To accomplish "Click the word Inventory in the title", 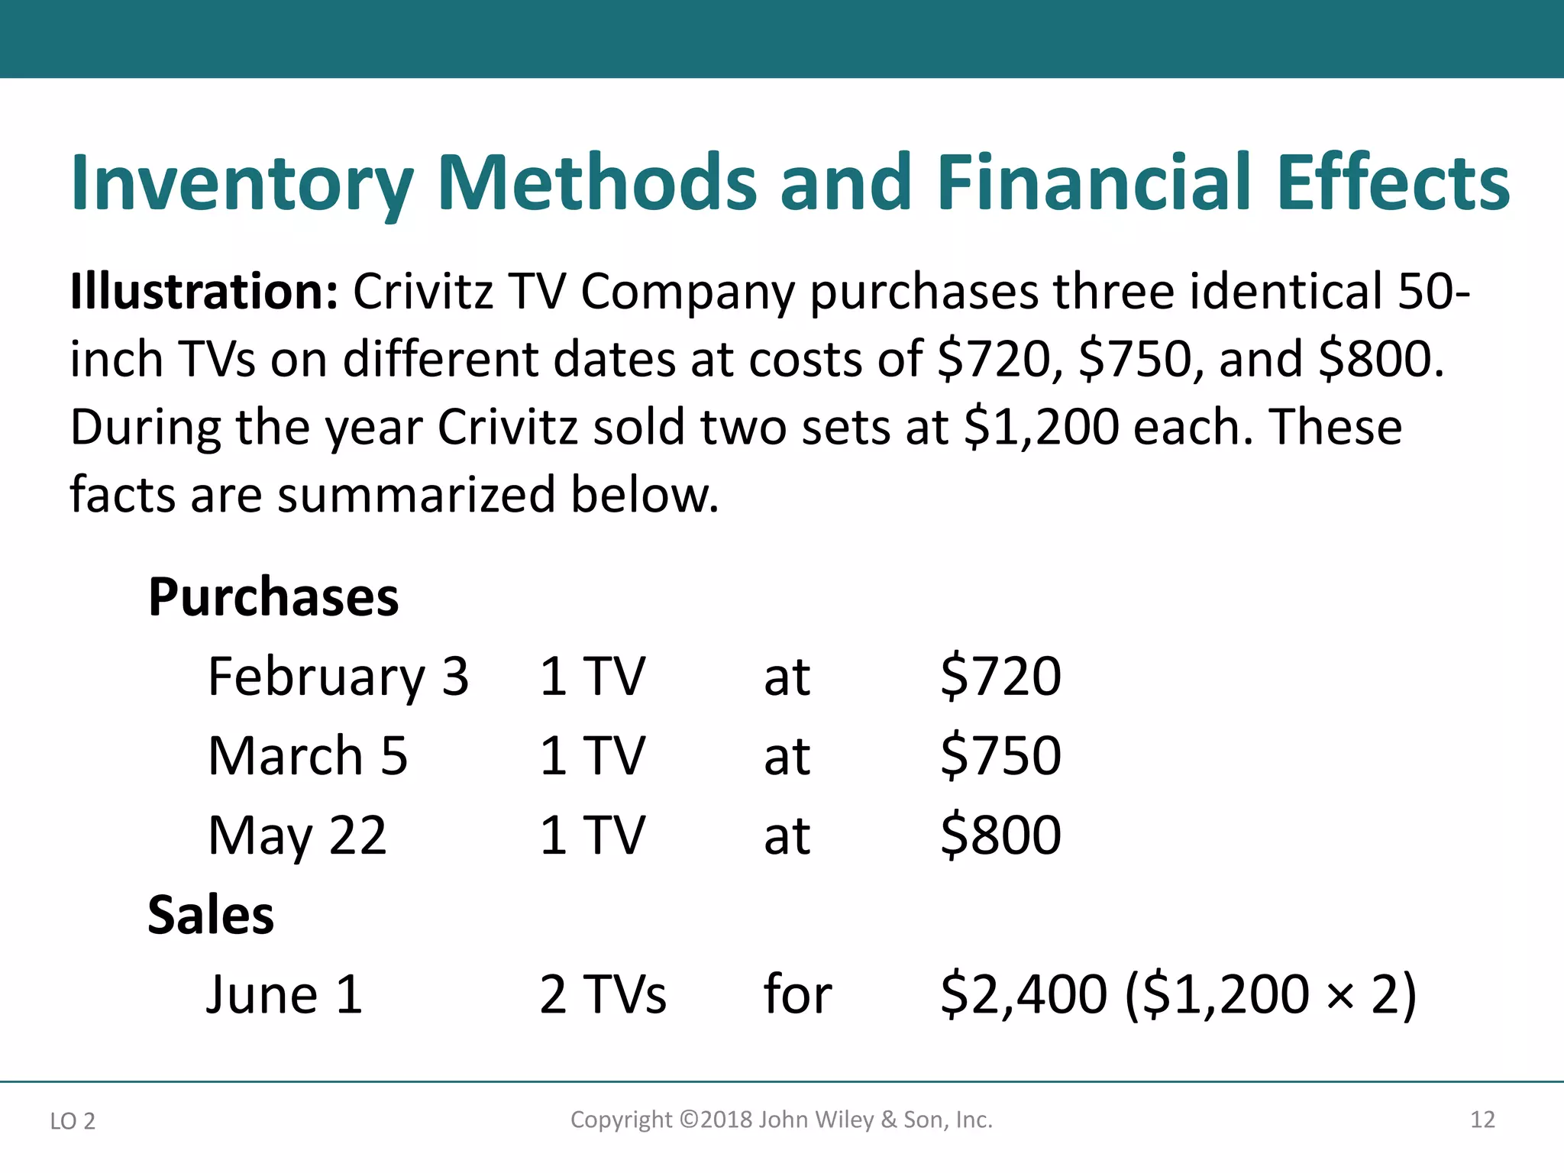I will pyautogui.click(x=242, y=183).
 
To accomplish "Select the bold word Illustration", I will pyautogui.click(x=204, y=292).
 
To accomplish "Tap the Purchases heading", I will pyautogui.click(x=273, y=596).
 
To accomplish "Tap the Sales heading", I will pyautogui.click(x=211, y=914).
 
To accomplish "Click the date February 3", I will pyautogui.click(x=338, y=677).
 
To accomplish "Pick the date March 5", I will pyautogui.click(x=308, y=756).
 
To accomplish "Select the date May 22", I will pyautogui.click(x=297, y=836).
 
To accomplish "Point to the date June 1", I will pyautogui.click(x=284, y=994).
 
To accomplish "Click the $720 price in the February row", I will pyautogui.click(x=1000, y=677).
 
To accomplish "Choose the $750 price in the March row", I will pyautogui.click(x=1000, y=756).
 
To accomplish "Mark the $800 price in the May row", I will pyautogui.click(x=1000, y=835).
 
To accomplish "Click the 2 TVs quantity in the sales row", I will pyautogui.click(x=603, y=994).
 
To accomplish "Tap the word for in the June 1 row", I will pyautogui.click(x=797, y=994).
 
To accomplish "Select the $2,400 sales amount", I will pyautogui.click(x=1023, y=994).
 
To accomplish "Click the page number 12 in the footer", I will pyautogui.click(x=1482, y=1120).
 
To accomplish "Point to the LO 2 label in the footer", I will pyautogui.click(x=73, y=1121).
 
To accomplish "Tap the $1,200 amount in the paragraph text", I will pyautogui.click(x=1042, y=427).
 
